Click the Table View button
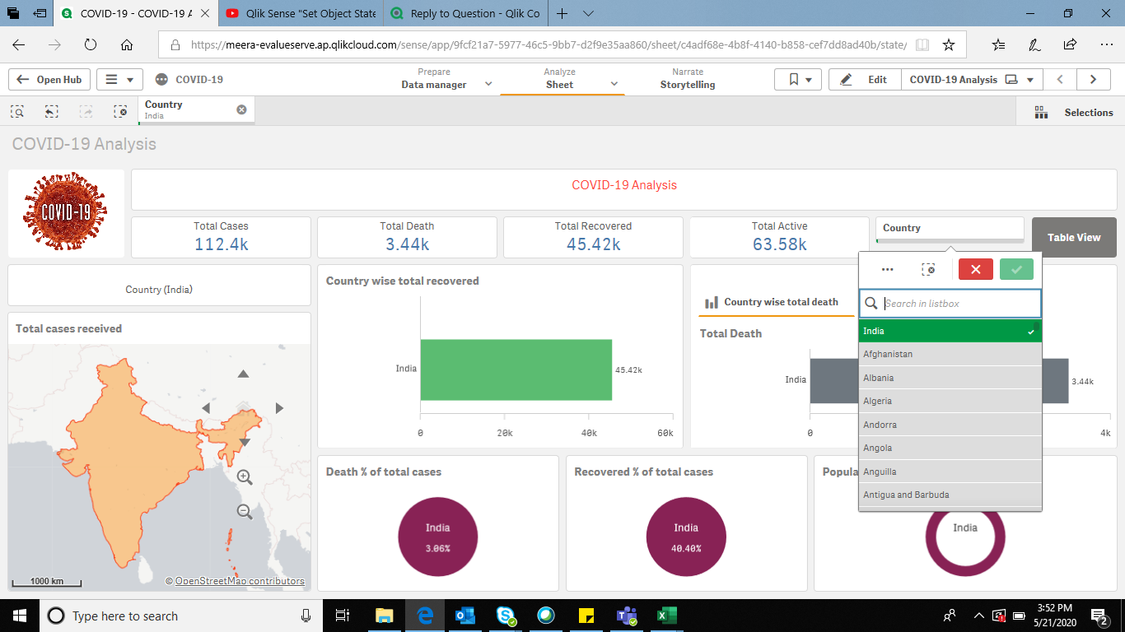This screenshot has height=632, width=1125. click(1073, 237)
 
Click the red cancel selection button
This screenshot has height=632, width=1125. click(975, 269)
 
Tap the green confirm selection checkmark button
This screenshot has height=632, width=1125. click(1016, 269)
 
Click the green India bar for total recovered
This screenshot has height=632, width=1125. click(516, 369)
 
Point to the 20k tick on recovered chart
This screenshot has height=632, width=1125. click(505, 433)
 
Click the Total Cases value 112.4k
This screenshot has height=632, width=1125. click(221, 244)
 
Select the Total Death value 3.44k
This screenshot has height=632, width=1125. click(407, 244)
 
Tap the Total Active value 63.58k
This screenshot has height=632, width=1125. click(779, 244)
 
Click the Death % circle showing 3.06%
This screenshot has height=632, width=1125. click(437, 536)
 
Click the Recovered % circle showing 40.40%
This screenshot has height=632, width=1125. click(686, 536)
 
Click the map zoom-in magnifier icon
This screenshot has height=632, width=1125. click(245, 477)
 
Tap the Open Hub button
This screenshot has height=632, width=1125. click(49, 80)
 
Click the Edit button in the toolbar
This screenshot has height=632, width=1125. click(864, 80)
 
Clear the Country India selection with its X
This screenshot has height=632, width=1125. click(241, 109)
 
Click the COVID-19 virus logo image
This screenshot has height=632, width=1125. click(66, 213)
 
